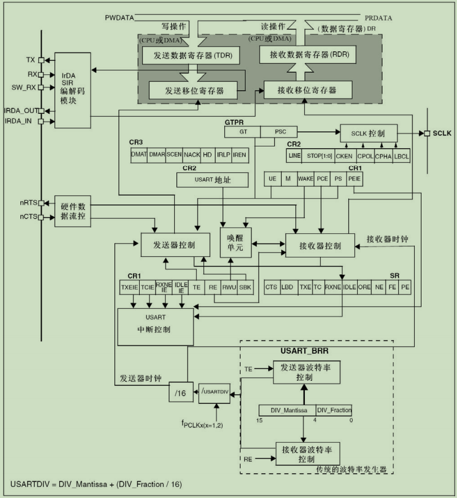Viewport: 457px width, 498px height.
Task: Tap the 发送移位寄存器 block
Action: click(x=194, y=90)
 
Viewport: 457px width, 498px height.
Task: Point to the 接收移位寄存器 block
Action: click(x=308, y=90)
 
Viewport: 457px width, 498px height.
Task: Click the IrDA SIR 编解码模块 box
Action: click(x=75, y=87)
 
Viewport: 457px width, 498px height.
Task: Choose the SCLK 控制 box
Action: click(x=369, y=133)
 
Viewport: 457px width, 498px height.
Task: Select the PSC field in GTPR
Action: click(x=281, y=132)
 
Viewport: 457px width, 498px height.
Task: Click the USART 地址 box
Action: click(x=212, y=179)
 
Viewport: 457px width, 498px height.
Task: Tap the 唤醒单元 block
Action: click(x=236, y=242)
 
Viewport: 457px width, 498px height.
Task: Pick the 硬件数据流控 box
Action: click(x=73, y=211)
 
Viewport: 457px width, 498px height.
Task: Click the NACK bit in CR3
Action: click(x=192, y=154)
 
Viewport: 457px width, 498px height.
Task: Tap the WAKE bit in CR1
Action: click(x=305, y=178)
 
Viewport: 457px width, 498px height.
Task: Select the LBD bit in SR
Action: click(x=287, y=287)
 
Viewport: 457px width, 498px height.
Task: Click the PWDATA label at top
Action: click(x=119, y=18)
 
